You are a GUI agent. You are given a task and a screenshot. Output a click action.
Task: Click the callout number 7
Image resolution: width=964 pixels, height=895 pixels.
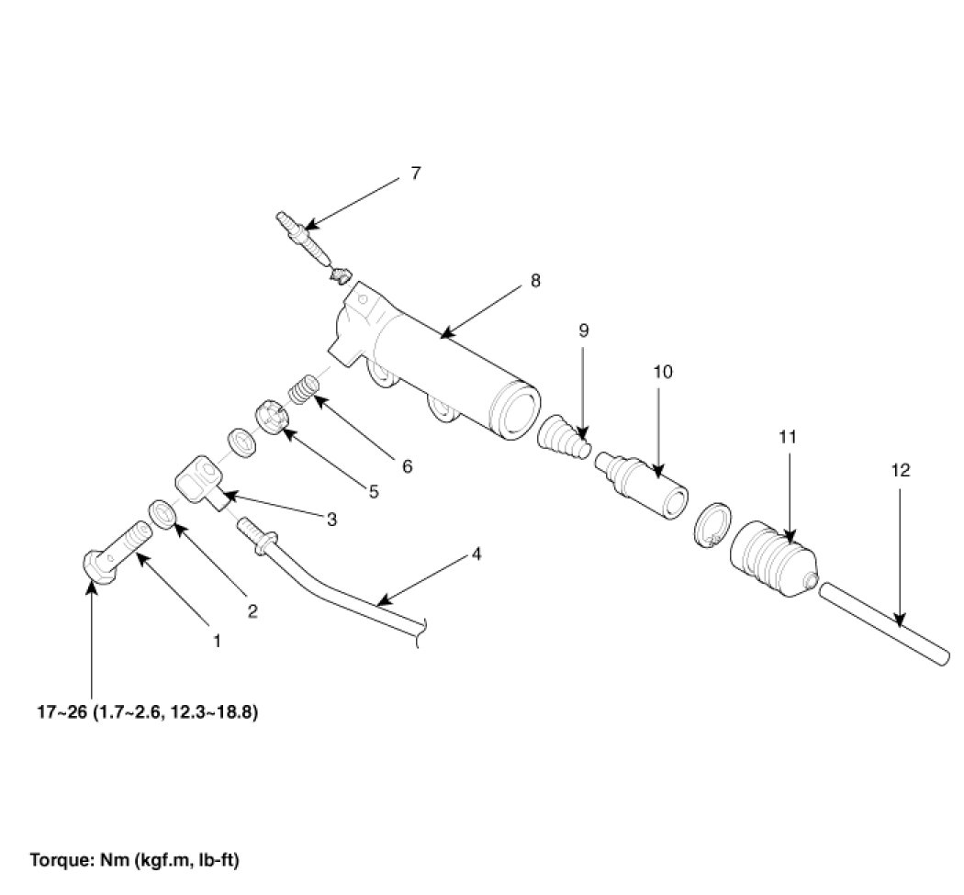415,173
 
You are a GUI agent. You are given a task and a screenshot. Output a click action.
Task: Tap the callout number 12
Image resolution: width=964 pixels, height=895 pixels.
901,470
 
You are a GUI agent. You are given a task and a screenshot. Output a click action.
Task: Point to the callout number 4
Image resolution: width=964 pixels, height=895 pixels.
476,554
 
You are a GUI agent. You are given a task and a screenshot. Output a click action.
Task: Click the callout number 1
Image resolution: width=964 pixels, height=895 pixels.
217,641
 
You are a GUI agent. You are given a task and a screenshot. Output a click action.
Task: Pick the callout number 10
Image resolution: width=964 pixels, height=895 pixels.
663,372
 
